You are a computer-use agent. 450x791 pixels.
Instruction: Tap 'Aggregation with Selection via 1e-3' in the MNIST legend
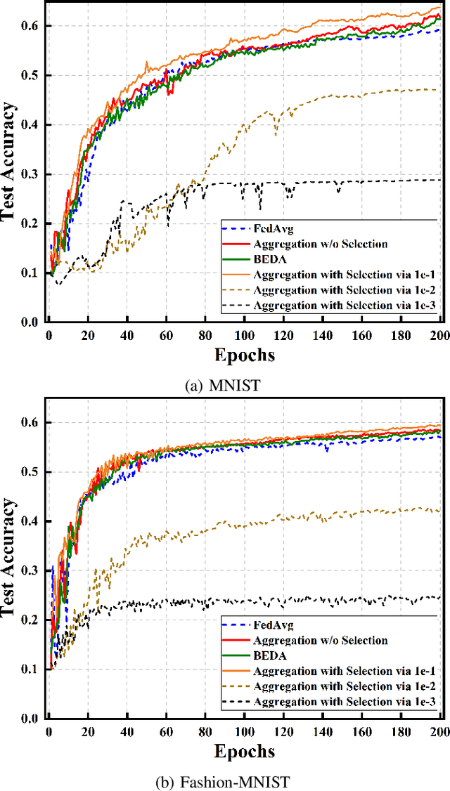[333, 306]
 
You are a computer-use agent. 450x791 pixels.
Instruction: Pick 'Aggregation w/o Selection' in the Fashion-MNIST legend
[319, 640]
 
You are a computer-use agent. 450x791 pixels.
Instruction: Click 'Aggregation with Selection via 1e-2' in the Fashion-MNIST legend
[333, 686]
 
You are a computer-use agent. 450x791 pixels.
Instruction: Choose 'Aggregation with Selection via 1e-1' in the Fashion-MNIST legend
[333, 671]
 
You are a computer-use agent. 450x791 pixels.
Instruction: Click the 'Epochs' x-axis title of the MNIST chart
[245, 354]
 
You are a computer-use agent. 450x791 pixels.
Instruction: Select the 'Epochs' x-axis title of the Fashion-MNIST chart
[245, 751]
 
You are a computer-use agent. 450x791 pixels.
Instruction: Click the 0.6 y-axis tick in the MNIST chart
[32, 26]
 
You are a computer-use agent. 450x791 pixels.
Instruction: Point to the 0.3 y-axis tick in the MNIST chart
[32, 174]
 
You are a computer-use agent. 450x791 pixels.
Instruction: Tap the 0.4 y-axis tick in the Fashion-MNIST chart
[32, 521]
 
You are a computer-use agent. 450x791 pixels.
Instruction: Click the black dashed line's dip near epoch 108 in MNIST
[259, 207]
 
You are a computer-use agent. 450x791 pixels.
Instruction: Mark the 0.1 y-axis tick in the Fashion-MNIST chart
[32, 669]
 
